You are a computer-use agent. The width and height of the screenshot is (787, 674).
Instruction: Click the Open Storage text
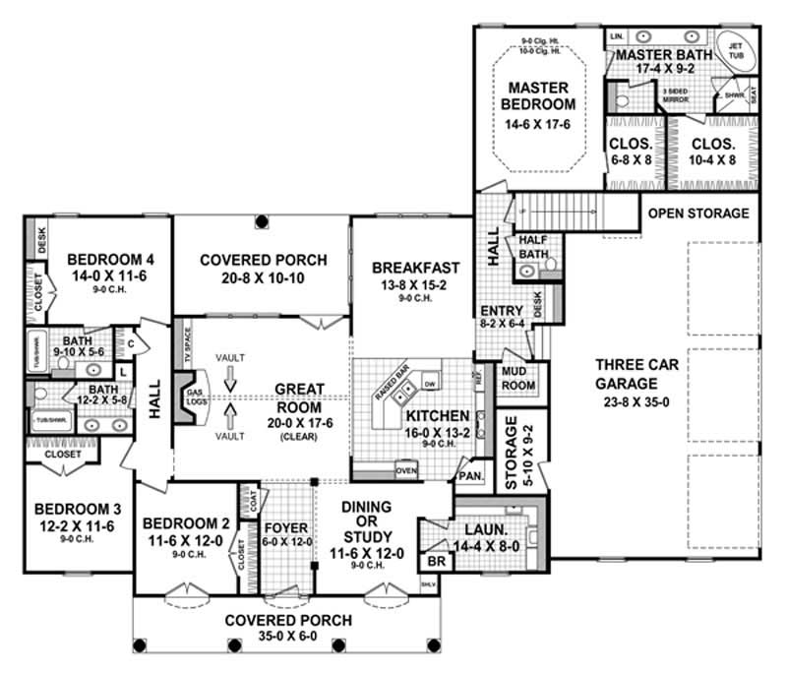click(x=698, y=214)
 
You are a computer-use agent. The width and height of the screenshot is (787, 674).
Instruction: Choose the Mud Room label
click(x=517, y=379)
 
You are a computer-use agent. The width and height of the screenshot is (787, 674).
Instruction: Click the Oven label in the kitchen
click(x=407, y=470)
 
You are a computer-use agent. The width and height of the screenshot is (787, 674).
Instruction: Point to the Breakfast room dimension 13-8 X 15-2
click(x=415, y=285)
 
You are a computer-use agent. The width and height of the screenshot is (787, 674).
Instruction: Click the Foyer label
click(x=286, y=525)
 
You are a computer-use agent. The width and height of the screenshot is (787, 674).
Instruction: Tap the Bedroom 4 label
click(x=106, y=260)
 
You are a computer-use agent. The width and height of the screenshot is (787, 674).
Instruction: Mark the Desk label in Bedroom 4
click(x=40, y=238)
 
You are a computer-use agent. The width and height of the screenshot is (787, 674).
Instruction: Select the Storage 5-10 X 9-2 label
click(x=518, y=453)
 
